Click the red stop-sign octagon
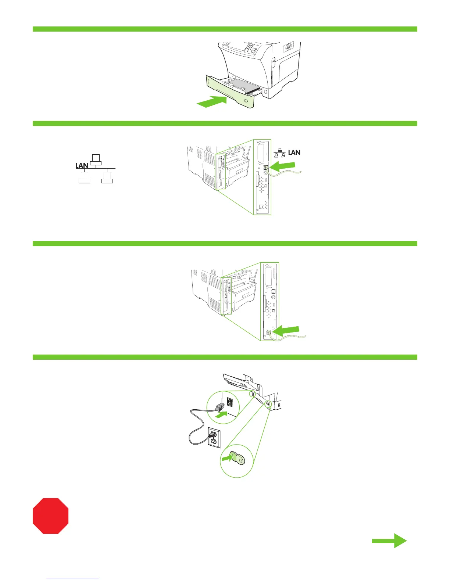click(51, 515)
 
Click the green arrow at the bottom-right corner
click(389, 540)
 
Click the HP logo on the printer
click(287, 47)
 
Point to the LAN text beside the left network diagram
click(82, 165)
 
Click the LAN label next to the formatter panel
click(294, 152)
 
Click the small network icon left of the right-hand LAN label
click(280, 152)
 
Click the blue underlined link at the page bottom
click(73, 579)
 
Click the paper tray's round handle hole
click(246, 101)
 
